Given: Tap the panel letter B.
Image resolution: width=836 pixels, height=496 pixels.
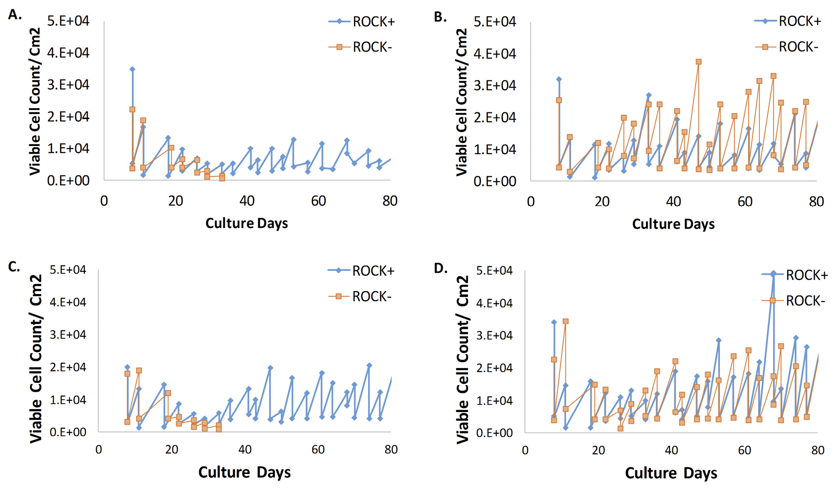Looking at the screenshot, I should pyautogui.click(x=440, y=17).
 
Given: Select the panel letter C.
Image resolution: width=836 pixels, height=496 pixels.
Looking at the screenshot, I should pyautogui.click(x=14, y=266).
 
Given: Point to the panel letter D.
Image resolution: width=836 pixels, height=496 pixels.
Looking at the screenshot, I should pyautogui.click(x=440, y=268).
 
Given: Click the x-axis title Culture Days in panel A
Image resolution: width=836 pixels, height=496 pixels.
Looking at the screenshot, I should pyautogui.click(x=246, y=223).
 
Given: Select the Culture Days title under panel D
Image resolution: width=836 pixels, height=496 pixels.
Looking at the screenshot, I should pyautogui.click(x=671, y=473).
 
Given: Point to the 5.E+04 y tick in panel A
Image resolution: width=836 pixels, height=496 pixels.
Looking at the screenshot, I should pyautogui.click(x=68, y=21).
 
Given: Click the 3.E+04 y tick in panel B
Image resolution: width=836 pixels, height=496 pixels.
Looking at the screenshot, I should pyautogui.click(x=495, y=86).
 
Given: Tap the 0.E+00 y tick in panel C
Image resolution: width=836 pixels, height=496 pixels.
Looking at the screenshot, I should pyautogui.click(x=68, y=432).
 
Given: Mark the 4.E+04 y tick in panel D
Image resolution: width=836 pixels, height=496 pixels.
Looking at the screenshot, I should pyautogui.click(x=494, y=303).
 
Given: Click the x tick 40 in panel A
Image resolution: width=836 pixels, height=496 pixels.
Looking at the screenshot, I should pyautogui.click(x=247, y=201).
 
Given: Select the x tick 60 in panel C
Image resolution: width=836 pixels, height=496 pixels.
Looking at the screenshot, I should pyautogui.click(x=318, y=449).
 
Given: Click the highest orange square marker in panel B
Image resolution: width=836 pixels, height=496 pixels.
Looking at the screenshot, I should pyautogui.click(x=698, y=62).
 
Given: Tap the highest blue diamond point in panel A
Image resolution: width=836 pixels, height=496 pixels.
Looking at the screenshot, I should pyautogui.click(x=132, y=69).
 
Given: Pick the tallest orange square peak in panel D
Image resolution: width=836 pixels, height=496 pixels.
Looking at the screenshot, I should pyautogui.click(x=565, y=321).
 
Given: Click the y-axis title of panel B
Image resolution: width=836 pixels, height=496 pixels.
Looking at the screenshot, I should pyautogui.click(x=462, y=101).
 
